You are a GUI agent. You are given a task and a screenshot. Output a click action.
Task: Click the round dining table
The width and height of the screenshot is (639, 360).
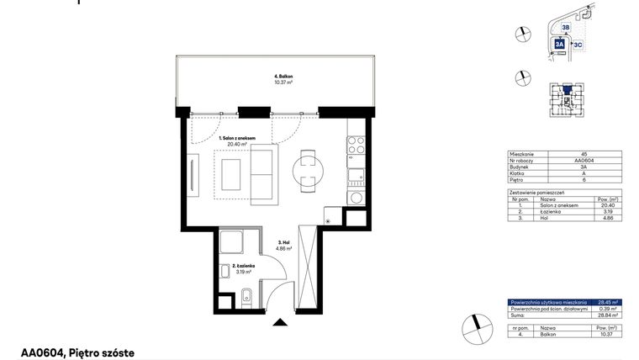306,171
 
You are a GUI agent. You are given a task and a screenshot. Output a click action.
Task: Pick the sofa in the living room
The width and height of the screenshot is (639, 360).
263,172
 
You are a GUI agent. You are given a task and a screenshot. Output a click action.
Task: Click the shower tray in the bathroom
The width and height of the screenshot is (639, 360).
231,244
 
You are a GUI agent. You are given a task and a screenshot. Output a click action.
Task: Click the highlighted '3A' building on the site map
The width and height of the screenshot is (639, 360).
560,46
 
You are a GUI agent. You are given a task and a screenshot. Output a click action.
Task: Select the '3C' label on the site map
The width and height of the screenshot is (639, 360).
578,44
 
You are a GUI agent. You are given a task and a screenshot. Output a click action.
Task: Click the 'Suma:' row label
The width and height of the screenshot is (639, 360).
517,314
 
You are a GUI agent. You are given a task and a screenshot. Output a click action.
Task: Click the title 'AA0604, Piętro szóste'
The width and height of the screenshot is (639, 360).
77,353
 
